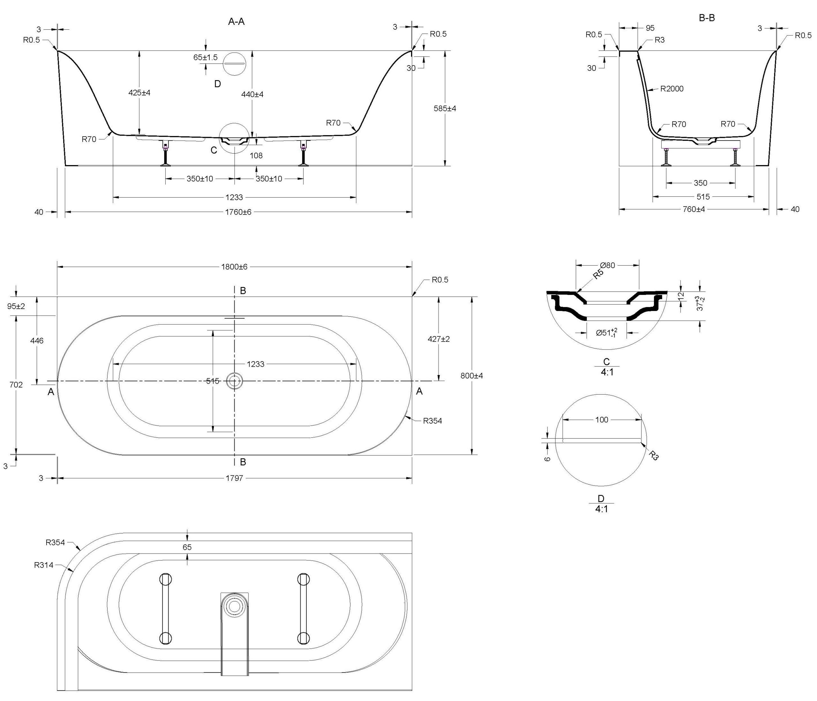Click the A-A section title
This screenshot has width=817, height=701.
[236, 22]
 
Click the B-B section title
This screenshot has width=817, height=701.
[707, 18]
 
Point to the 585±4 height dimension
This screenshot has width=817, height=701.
[445, 108]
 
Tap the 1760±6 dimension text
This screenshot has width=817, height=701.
[238, 212]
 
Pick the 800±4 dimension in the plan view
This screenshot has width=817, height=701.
[472, 375]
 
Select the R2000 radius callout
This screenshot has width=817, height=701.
[671, 89]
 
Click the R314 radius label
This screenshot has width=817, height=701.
[43, 565]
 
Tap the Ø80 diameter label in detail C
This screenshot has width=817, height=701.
[607, 266]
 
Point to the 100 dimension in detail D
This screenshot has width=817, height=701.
[602, 420]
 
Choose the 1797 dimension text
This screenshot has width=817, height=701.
[234, 478]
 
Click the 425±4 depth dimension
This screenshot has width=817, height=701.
[139, 93]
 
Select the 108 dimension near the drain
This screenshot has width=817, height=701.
[256, 155]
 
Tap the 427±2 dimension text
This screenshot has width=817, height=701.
[438, 339]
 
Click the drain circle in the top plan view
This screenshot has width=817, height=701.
[235, 381]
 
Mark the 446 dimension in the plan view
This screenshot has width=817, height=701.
[37, 340]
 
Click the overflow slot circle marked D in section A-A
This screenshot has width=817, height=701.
[234, 63]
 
